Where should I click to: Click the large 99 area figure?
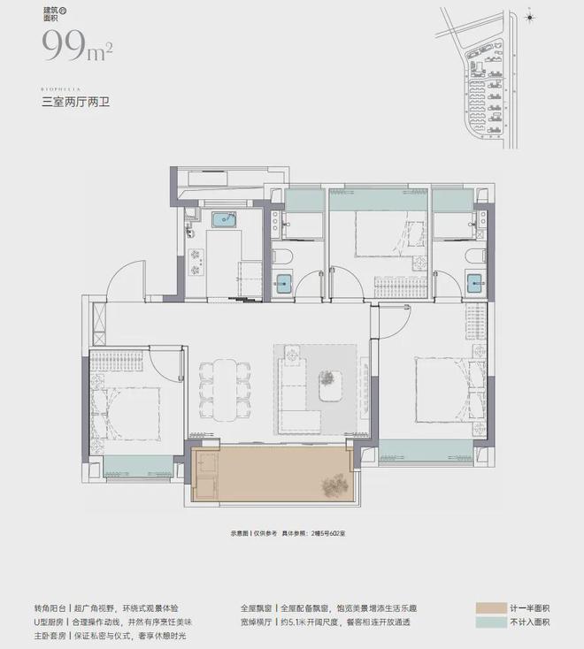64,43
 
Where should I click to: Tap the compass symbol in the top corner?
529,17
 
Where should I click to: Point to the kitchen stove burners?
196,256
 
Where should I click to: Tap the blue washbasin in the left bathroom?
283,283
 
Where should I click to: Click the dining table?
219,390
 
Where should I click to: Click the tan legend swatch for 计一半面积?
490,608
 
